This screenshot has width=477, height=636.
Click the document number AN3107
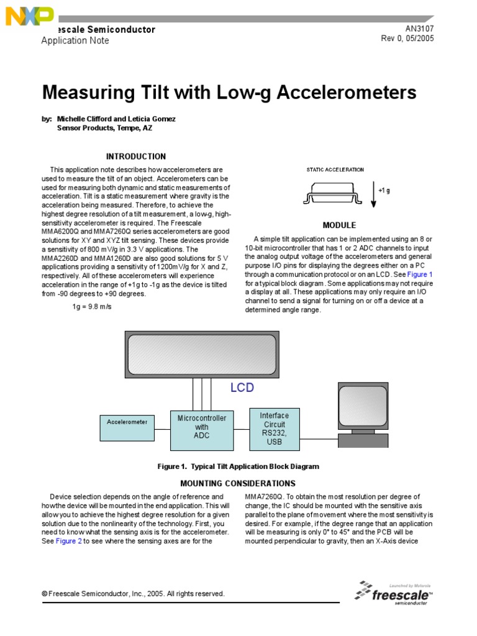click(419, 29)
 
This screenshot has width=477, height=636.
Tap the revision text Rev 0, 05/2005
click(407, 39)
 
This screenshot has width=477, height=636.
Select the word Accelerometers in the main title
click(346, 93)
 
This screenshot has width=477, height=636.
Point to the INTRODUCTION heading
click(135, 157)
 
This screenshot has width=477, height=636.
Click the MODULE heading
click(339, 225)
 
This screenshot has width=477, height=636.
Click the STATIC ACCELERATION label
click(335, 170)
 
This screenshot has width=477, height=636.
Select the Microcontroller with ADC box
click(202, 427)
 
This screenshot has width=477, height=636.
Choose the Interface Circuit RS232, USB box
click(274, 428)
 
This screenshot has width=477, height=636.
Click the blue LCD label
click(242, 388)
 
